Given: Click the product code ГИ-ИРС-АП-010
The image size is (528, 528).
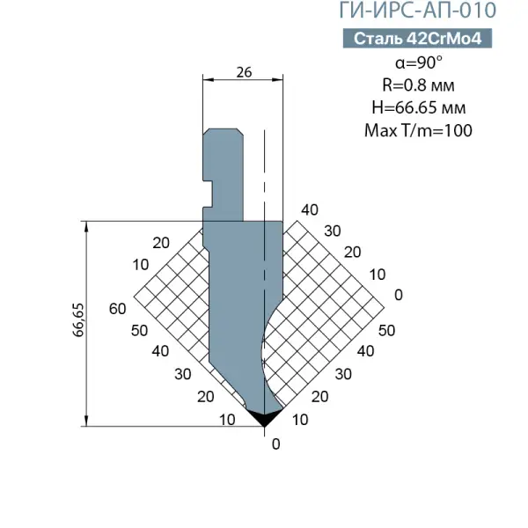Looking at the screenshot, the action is pyautogui.click(x=417, y=10).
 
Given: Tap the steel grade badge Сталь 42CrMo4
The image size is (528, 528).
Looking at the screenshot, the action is pyautogui.click(x=417, y=39).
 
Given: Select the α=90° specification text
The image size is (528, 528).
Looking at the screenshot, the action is pyautogui.click(x=419, y=62).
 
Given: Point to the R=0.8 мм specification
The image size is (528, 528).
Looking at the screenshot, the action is pyautogui.click(x=418, y=85).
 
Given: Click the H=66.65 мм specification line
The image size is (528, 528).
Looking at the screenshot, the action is pyautogui.click(x=419, y=107).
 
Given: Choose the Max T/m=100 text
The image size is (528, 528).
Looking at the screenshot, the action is pyautogui.click(x=418, y=130).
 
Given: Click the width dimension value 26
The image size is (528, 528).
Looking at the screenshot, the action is pyautogui.click(x=244, y=72).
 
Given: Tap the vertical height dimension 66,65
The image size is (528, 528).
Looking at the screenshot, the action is pyautogui.click(x=78, y=320).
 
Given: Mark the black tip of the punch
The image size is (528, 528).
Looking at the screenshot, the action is pyautogui.click(x=264, y=417).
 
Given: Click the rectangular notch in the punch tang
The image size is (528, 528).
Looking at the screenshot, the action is pyautogui.click(x=208, y=194).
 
